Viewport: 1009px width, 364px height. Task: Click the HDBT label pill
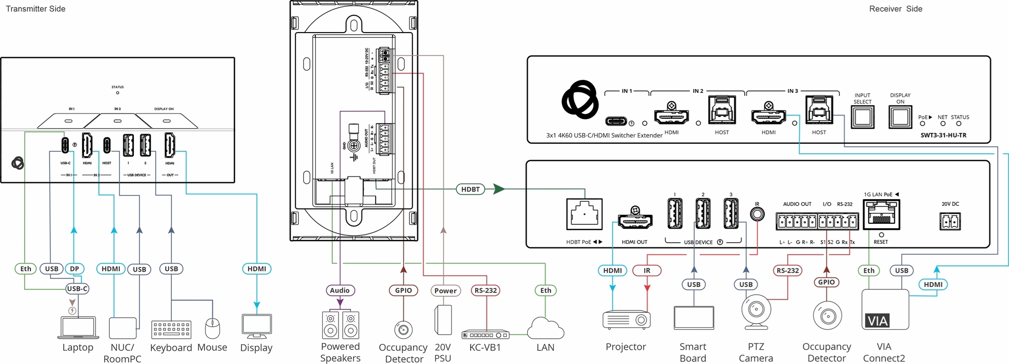pos(470,189)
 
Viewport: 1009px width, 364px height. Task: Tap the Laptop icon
pos(77,328)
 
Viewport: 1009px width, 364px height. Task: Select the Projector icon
pos(626,320)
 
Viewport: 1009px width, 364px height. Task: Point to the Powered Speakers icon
pos(341,325)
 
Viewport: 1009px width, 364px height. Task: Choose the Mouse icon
pos(212,329)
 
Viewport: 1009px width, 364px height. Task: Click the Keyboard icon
pos(171,329)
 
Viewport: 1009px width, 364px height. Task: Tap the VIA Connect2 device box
pos(885,310)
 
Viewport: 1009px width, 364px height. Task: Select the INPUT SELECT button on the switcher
pos(862,117)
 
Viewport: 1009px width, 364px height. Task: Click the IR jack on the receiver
pos(757,214)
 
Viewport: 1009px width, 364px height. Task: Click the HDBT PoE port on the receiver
pos(584,214)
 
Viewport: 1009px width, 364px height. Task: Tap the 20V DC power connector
pos(950,222)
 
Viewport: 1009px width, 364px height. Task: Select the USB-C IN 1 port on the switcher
pos(616,121)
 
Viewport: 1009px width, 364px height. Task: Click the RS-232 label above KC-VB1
pos(486,290)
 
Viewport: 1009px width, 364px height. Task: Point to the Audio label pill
pos(340,290)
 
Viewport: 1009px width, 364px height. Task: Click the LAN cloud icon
pos(545,328)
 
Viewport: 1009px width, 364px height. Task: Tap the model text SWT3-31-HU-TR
pos(943,136)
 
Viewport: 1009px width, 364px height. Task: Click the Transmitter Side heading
pos(36,9)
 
